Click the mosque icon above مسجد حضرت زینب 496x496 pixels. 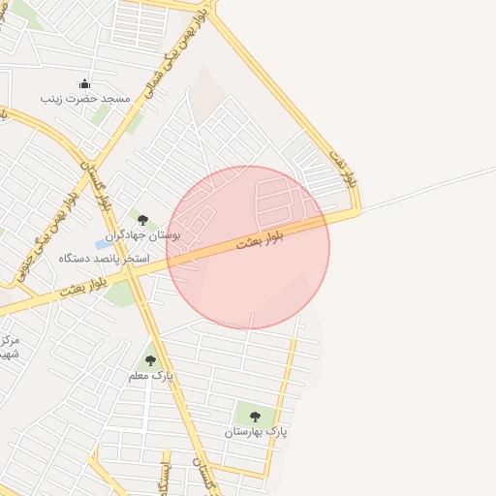click(84, 83)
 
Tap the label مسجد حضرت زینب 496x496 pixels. click(84, 98)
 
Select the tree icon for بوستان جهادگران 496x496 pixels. click(143, 221)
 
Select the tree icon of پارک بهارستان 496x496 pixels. click(254, 417)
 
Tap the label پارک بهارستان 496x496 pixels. click(259, 430)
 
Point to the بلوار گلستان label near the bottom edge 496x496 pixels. click(202, 475)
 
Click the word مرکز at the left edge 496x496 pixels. click(10, 341)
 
